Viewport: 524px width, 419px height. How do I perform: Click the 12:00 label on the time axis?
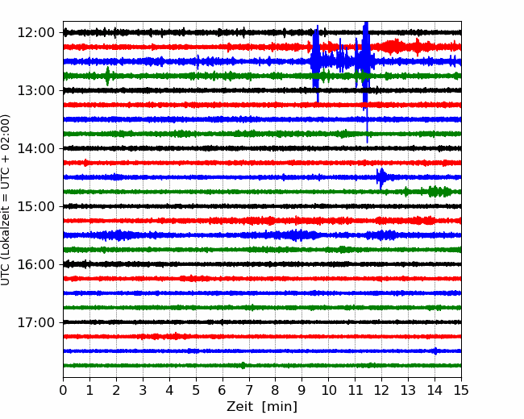(35, 33)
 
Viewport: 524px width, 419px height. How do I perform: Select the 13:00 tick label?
(35, 90)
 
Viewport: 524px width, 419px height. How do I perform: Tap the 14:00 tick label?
(35, 148)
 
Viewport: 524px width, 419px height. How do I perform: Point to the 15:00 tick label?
(35, 206)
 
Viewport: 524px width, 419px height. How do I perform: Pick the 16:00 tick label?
(35, 264)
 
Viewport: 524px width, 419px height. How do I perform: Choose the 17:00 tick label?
(35, 322)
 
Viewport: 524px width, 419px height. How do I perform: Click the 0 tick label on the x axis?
(63, 390)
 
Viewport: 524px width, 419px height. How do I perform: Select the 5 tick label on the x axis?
(196, 390)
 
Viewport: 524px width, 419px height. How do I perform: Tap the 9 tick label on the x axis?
(302, 390)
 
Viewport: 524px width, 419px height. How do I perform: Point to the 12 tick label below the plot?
(381, 390)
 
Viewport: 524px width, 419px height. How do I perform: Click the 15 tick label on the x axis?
(461, 390)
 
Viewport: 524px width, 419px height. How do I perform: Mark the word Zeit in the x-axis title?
(241, 407)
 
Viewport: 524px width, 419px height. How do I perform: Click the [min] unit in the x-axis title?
(280, 407)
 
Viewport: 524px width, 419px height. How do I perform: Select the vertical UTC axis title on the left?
(6, 200)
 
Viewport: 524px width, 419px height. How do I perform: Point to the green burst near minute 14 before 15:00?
(438, 192)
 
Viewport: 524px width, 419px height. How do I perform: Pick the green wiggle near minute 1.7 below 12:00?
(107, 76)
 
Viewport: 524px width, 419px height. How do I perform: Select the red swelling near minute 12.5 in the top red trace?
(394, 47)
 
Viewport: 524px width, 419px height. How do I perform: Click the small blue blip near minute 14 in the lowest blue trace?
(435, 351)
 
